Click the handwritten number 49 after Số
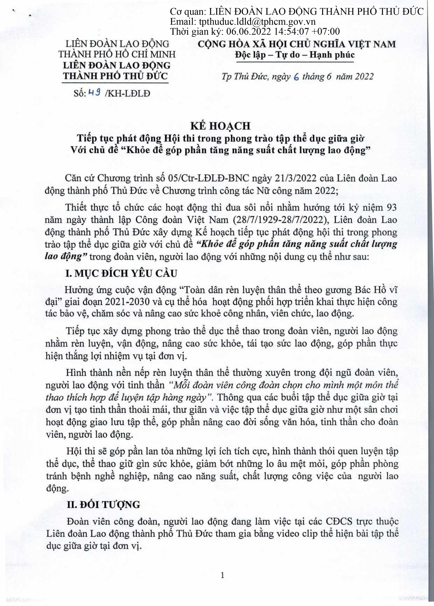point(94,93)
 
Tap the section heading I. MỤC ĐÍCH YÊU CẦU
point(121,274)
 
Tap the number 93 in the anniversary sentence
point(390,207)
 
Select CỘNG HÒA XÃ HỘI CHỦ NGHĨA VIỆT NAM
point(296,44)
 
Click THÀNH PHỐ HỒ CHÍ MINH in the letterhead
point(117,54)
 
